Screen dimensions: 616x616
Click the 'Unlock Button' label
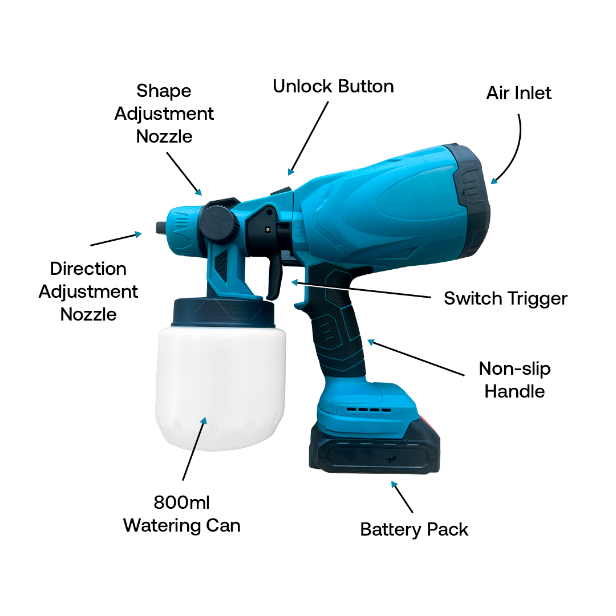pyautogui.click(x=333, y=87)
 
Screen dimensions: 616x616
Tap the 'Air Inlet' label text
pyautogui.click(x=518, y=93)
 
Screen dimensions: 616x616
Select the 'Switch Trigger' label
pyautogui.click(x=505, y=298)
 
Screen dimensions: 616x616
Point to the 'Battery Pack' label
pyautogui.click(x=414, y=529)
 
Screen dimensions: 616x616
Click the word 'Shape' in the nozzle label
pyautogui.click(x=164, y=91)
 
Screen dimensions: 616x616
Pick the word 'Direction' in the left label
pyautogui.click(x=88, y=269)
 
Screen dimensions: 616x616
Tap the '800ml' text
pyautogui.click(x=181, y=502)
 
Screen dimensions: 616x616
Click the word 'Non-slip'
pyautogui.click(x=514, y=369)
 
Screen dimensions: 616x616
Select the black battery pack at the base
pyautogui.click(x=374, y=448)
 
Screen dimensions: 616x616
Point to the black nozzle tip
pyautogui.click(x=161, y=228)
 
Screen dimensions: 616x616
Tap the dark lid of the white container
pyautogui.click(x=224, y=313)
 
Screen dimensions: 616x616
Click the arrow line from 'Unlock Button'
pyautogui.click(x=309, y=138)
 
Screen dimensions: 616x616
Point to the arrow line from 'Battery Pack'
pyautogui.click(x=402, y=497)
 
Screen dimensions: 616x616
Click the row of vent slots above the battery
pyautogui.click(x=368, y=410)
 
